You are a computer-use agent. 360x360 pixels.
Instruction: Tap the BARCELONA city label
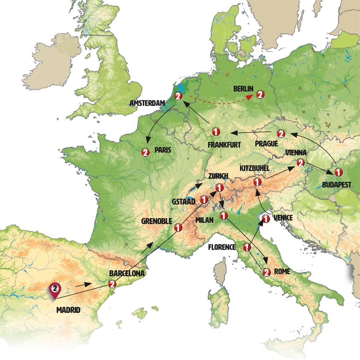coord(126,273)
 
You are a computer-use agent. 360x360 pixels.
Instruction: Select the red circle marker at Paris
coord(145,152)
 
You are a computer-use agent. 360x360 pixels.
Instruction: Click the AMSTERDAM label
coord(148,104)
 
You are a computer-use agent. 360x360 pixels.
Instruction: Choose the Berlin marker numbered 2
coord(260,95)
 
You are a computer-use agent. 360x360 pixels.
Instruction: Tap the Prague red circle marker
coord(281,133)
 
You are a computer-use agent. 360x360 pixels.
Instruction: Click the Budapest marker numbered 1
coord(338,172)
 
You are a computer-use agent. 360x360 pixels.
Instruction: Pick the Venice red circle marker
coord(265,218)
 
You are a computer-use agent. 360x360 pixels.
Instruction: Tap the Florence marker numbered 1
coord(247,247)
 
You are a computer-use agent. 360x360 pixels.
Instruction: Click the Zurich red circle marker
coord(219,187)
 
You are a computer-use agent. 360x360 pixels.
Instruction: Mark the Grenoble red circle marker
coord(178,227)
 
